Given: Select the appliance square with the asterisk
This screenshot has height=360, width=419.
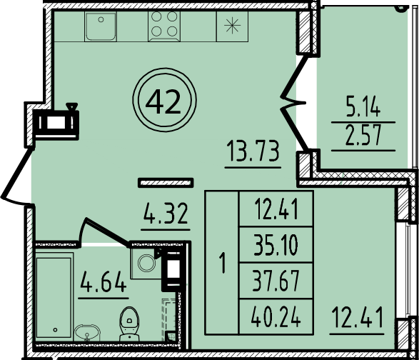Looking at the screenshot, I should tap(232, 29).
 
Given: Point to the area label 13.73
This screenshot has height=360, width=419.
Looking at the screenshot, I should tap(253, 152).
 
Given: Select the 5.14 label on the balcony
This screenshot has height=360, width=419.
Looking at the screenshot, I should tap(363, 109).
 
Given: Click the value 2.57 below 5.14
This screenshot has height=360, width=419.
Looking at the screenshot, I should tap(363, 136).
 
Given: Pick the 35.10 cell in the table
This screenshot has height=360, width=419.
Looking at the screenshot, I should tap(275, 247).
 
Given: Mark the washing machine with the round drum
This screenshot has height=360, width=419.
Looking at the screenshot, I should tap(146, 262).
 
